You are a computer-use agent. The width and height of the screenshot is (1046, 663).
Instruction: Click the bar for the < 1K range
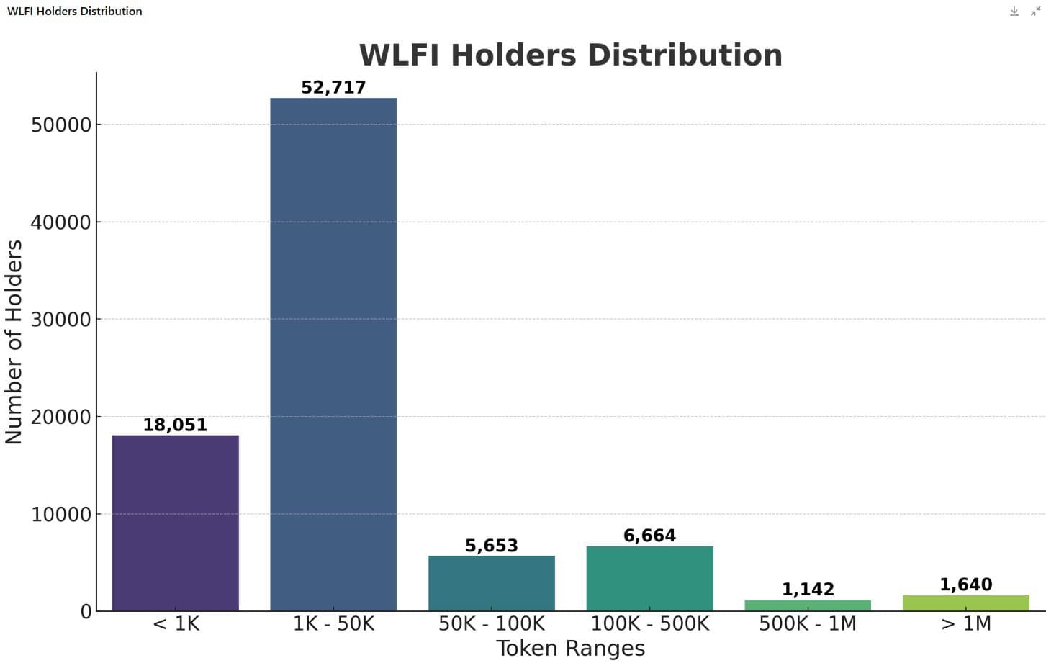[x=175, y=523]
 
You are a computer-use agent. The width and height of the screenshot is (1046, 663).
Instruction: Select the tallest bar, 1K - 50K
[x=333, y=354]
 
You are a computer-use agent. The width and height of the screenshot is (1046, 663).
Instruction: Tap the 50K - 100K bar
[x=492, y=583]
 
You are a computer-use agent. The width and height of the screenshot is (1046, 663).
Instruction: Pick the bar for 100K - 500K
[x=649, y=578]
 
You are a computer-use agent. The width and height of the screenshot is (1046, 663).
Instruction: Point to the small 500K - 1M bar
[x=808, y=605]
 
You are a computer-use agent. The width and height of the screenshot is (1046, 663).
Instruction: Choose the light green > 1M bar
[x=966, y=603]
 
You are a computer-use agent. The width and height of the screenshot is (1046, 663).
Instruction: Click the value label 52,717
[x=333, y=87]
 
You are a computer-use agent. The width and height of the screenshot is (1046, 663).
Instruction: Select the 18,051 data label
[x=175, y=425]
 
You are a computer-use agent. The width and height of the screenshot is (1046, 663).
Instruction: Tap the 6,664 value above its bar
[x=649, y=536]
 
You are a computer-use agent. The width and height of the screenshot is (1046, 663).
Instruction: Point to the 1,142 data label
[x=808, y=589]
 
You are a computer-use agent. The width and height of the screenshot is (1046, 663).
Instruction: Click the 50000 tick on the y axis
[x=61, y=125]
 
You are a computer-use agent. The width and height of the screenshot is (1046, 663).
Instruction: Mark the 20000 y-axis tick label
[x=61, y=417]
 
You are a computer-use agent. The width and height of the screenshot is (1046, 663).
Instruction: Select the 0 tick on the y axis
[x=86, y=611]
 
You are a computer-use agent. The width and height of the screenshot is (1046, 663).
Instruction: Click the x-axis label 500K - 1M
[x=808, y=623]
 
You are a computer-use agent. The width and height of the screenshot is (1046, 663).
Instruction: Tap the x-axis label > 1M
[x=966, y=623]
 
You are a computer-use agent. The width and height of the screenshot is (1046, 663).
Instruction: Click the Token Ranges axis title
[x=571, y=648]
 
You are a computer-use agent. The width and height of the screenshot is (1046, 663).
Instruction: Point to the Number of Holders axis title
[x=14, y=342]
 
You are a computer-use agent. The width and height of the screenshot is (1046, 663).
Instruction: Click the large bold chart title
[x=571, y=55]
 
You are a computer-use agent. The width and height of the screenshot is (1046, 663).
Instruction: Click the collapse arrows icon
[x=1036, y=11]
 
